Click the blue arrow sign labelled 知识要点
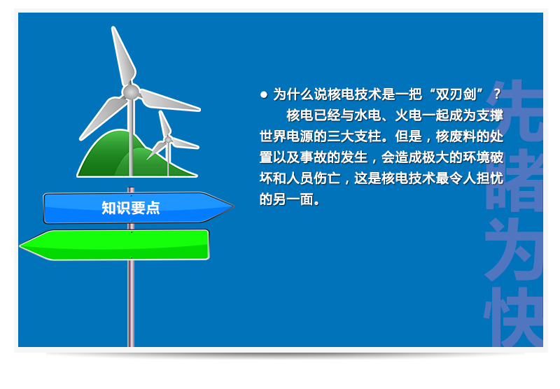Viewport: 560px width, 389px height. tap(138, 208)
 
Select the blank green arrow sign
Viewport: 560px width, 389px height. tap(114, 245)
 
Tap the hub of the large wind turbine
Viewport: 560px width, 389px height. tap(131, 92)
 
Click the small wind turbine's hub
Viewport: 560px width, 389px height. tap(168, 139)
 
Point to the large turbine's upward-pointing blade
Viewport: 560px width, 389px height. tap(123, 55)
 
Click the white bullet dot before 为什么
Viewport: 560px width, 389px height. tap(264, 94)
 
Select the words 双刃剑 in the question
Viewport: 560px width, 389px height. tap(456, 94)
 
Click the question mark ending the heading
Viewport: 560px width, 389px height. tap(497, 94)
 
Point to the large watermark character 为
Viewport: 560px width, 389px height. tap(514, 249)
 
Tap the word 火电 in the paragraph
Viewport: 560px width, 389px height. tap(408, 115)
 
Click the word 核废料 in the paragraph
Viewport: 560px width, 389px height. tap(456, 136)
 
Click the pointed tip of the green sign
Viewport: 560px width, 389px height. tap(20, 246)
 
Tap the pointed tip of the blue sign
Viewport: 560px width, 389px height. tap(234, 206)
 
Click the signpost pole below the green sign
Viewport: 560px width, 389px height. tap(131, 303)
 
